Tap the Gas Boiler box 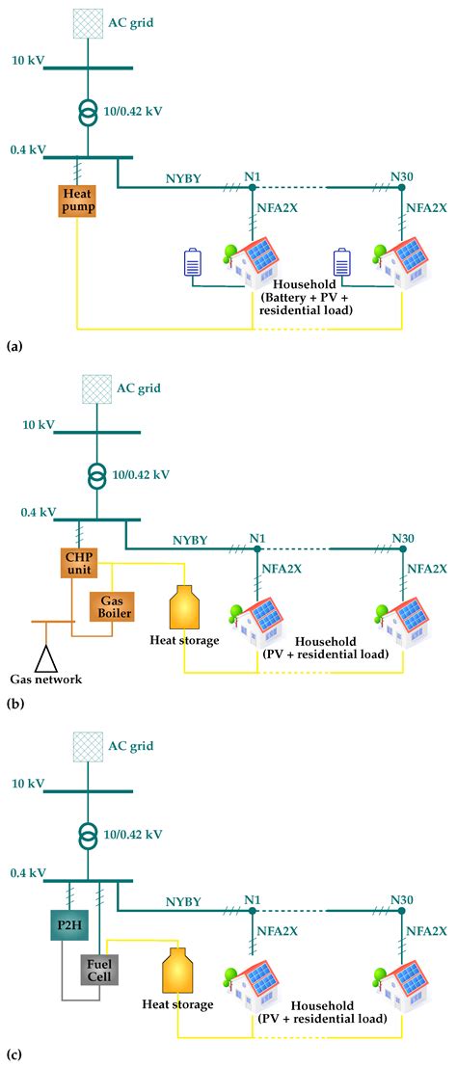111,606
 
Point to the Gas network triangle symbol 43,658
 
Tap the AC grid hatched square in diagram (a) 87,23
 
